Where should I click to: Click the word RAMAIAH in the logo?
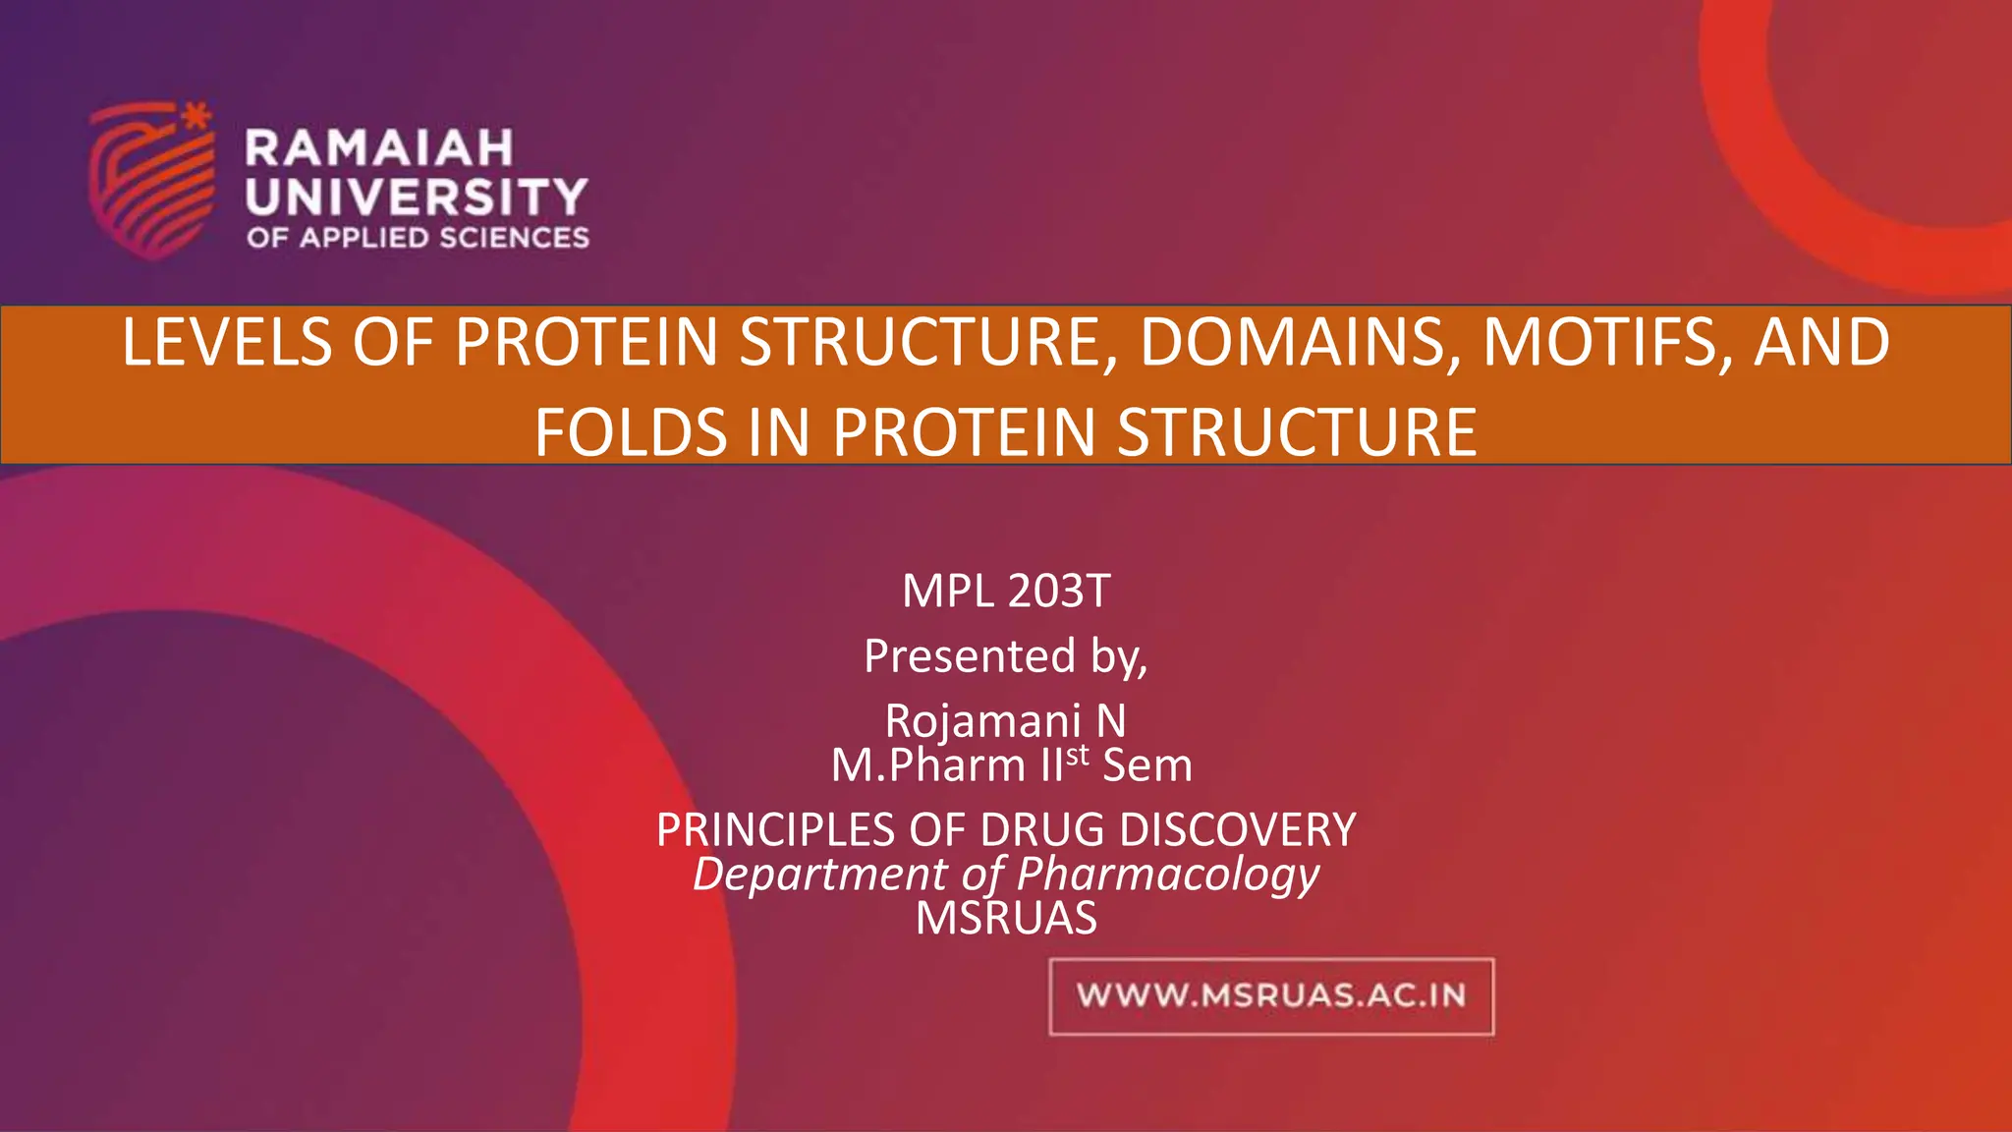pos(379,148)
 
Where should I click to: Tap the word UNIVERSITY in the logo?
pos(417,198)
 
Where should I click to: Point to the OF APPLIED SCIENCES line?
pos(418,238)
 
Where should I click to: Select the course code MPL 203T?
pos(1006,592)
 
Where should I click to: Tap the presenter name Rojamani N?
pos(1005,721)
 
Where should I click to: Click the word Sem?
pos(1146,765)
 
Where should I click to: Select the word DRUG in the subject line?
pos(1043,830)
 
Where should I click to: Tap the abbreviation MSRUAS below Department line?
pos(1006,919)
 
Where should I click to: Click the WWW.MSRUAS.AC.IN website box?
pos(1271,996)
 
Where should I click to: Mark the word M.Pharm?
pos(928,765)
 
